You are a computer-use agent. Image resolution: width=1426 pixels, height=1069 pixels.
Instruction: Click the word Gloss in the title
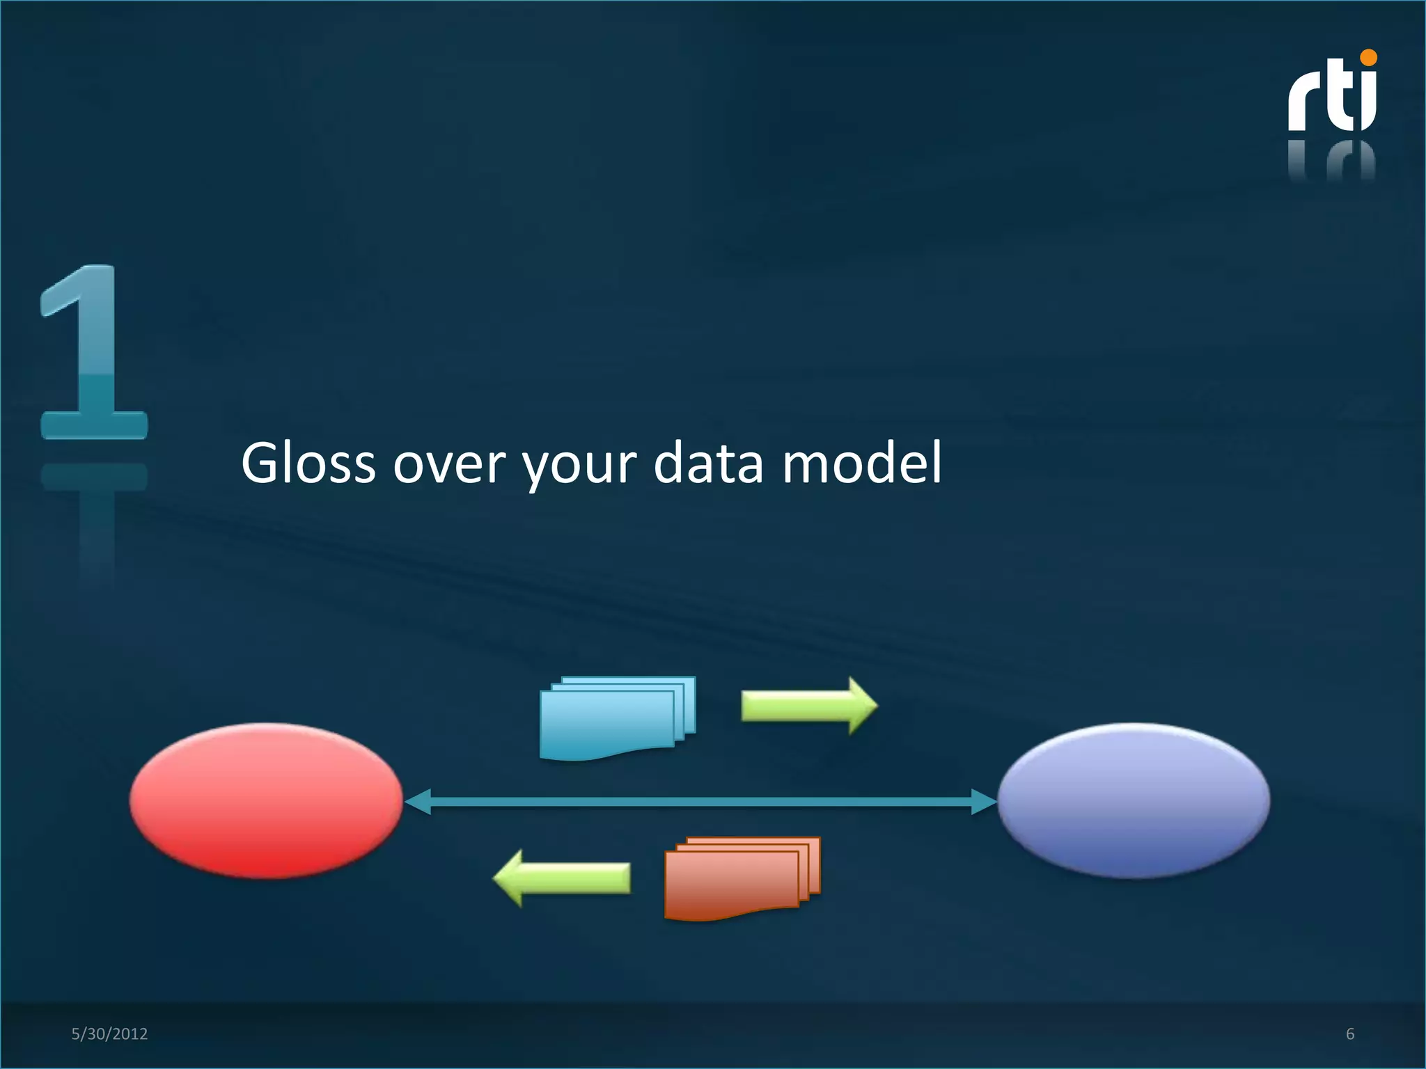308,463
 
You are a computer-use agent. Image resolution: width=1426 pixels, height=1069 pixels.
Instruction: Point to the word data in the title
709,463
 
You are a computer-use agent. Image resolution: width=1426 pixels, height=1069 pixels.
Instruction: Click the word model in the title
862,463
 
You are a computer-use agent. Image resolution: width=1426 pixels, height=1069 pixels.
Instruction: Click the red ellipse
266,800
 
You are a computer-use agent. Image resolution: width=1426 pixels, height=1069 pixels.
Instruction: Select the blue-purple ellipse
1134,800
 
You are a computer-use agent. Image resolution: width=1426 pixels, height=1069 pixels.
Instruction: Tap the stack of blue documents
616,717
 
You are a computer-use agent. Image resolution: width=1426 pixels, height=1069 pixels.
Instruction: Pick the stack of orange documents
741,878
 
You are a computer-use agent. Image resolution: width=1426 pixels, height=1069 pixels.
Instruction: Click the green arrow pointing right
808,706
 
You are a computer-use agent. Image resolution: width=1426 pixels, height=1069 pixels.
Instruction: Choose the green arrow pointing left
563,878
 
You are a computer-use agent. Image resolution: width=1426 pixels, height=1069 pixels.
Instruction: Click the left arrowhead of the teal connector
418,802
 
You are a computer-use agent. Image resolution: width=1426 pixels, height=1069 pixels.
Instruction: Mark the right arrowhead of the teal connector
983,802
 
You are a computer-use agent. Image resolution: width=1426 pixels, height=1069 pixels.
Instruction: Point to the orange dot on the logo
1368,58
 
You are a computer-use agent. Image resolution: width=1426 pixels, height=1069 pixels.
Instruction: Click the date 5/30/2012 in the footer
109,1034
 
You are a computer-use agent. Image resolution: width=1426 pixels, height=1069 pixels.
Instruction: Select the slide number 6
1350,1034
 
